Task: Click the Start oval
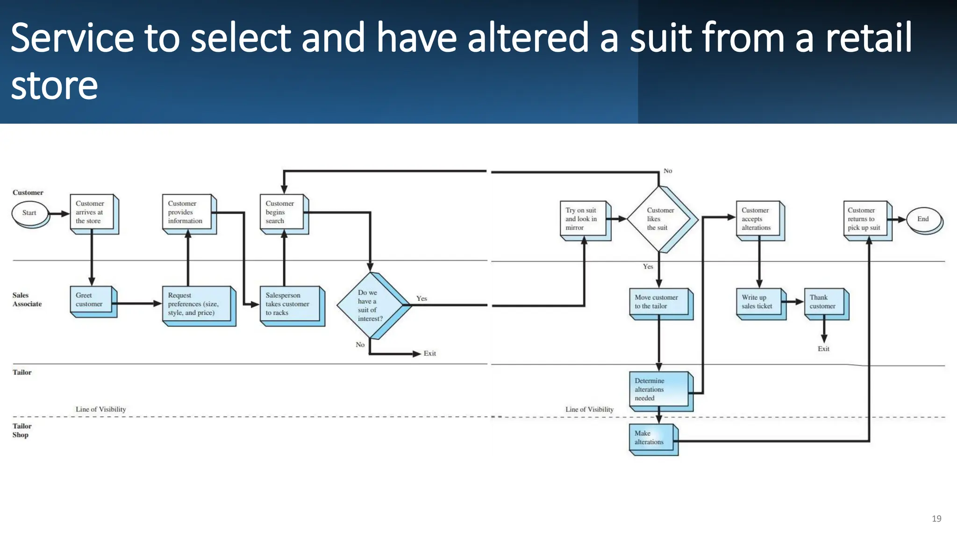(x=30, y=213)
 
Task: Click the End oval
(x=923, y=219)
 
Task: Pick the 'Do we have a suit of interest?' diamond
(x=371, y=305)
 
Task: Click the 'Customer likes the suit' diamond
(x=659, y=219)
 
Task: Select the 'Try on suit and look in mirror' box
(x=584, y=219)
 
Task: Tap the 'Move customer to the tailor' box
(x=659, y=302)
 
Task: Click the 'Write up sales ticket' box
(x=760, y=302)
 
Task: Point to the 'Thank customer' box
(x=825, y=302)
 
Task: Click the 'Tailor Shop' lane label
(x=21, y=431)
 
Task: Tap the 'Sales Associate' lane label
(x=27, y=300)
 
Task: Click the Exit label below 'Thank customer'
(x=823, y=349)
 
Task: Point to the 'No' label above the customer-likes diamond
(x=668, y=171)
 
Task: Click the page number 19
(x=936, y=518)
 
